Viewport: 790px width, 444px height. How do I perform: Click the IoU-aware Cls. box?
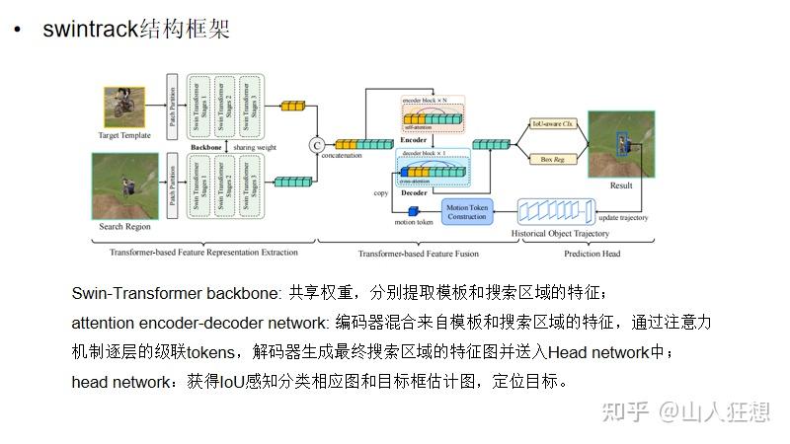pos(553,124)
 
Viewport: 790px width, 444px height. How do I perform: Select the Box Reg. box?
pos(553,158)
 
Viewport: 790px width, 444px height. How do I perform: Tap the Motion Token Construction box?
pos(467,211)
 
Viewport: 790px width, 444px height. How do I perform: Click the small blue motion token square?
pos(415,210)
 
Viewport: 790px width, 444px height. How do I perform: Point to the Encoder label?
pos(414,140)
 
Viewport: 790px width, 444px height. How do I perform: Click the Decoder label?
pos(414,193)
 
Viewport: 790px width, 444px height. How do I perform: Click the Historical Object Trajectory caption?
pos(559,234)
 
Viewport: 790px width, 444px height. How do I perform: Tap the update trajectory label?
pos(624,217)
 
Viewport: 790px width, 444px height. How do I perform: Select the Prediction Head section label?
pos(592,253)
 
